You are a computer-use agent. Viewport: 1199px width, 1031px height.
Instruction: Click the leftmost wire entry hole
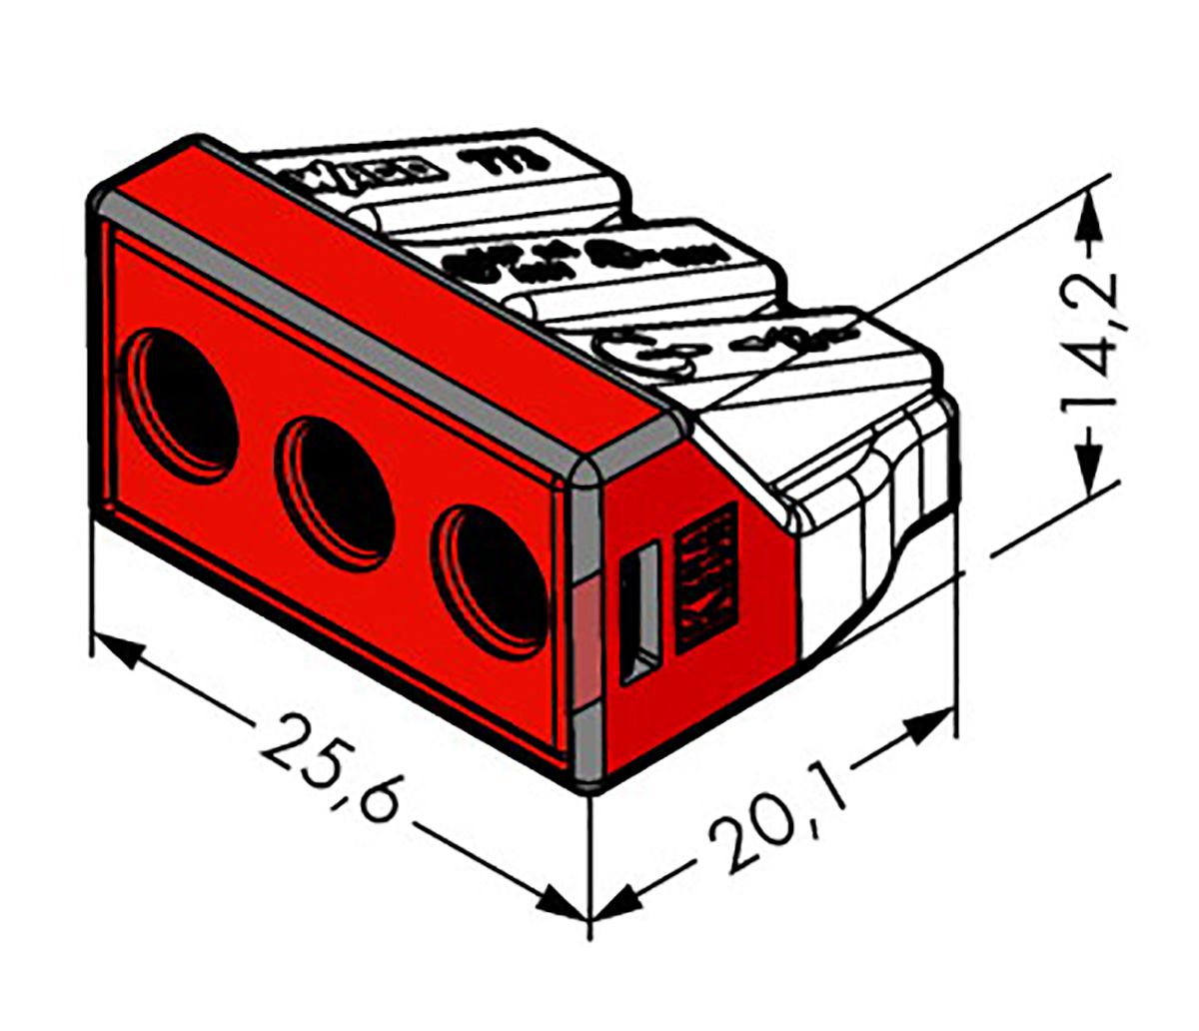pyautogui.click(x=185, y=400)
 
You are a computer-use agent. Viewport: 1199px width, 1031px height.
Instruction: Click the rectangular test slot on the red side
pyautogui.click(x=639, y=613)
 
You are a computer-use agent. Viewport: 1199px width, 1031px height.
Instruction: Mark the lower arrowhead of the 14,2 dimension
pyautogui.click(x=1090, y=466)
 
